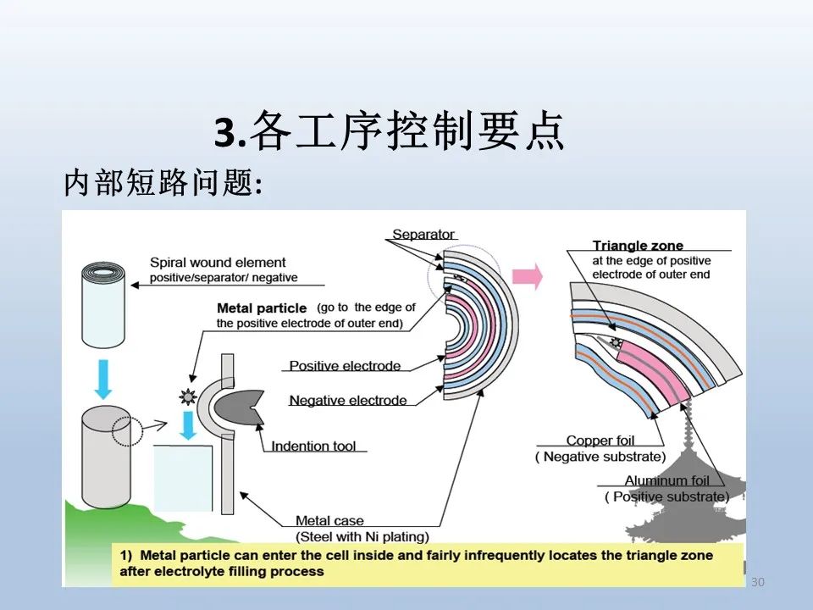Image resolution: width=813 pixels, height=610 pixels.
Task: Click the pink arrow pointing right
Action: point(528,276)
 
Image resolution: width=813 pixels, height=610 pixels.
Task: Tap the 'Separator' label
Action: point(423,235)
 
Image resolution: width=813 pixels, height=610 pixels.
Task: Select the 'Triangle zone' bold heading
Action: point(638,246)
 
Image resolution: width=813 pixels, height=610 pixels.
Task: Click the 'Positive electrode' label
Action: point(345,366)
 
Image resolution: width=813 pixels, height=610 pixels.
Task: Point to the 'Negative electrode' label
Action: point(348,401)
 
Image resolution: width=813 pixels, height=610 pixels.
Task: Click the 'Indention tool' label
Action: point(313,446)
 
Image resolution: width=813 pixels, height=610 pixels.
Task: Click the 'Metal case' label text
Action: point(329,520)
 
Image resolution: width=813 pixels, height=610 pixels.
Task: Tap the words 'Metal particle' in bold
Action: point(262,308)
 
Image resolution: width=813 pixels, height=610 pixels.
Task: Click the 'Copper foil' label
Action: point(600,441)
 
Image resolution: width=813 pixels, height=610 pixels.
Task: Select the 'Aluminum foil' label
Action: point(666,480)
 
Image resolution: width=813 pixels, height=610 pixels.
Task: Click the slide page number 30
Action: point(757,582)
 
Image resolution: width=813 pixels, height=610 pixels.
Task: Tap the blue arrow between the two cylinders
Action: point(103,380)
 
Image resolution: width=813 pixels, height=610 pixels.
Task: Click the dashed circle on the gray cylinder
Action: point(127,431)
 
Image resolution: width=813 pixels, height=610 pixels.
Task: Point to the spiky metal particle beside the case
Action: point(188,397)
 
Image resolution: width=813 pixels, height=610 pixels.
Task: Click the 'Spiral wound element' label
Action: point(218,263)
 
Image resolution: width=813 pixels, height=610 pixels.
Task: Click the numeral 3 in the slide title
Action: point(226,132)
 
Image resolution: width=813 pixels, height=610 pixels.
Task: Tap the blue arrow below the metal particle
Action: point(188,424)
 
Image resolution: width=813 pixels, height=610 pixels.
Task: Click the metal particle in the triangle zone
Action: point(616,342)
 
